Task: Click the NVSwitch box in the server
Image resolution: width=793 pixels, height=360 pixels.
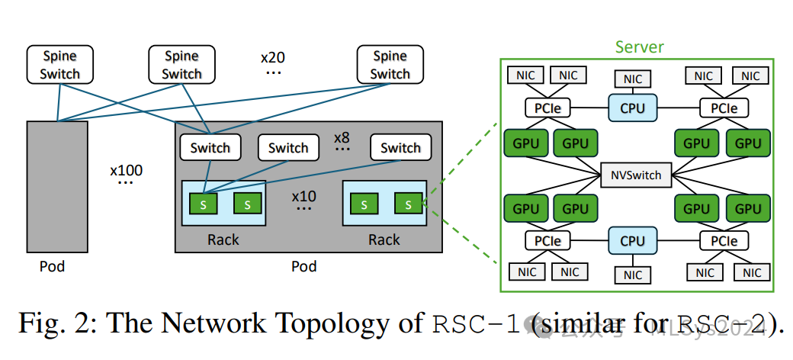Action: pos(636,175)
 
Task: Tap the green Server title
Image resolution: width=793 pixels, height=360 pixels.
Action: pos(639,47)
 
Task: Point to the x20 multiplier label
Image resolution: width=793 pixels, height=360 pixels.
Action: pos(273,57)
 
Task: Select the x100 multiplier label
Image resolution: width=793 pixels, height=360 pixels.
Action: pos(126,169)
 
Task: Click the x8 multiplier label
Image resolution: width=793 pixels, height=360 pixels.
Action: pos(342,138)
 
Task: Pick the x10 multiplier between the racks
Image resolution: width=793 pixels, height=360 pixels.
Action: pos(304,196)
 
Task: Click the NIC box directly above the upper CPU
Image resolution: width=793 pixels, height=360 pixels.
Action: pos(633,79)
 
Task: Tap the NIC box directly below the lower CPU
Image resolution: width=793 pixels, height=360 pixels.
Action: pos(633,275)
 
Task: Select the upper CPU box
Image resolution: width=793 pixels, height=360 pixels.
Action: pos(632,108)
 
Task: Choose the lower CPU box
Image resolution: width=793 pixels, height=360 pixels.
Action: pos(632,241)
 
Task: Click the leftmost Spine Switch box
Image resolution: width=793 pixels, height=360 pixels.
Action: pos(59,65)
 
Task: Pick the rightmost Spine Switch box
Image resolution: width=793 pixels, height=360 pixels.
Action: pos(390,65)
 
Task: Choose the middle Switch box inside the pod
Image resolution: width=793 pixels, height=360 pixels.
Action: pos(288,148)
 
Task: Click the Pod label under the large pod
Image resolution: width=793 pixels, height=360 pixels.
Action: pos(303,267)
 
